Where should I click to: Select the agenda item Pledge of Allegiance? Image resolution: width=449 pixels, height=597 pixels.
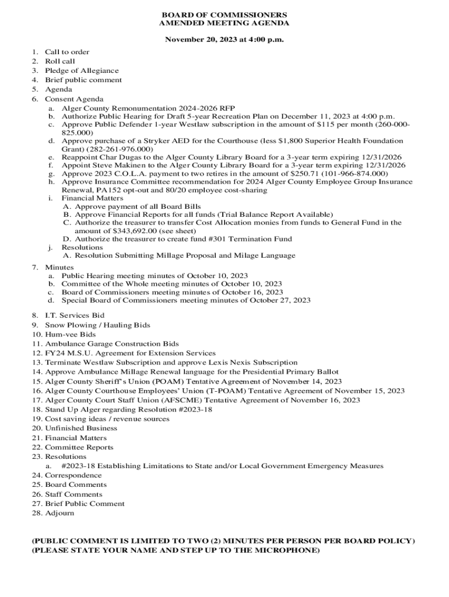[82, 71]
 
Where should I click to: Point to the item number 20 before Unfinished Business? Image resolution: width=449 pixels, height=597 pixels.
[37, 429]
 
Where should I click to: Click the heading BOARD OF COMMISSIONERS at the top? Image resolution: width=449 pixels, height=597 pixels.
[224, 14]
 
